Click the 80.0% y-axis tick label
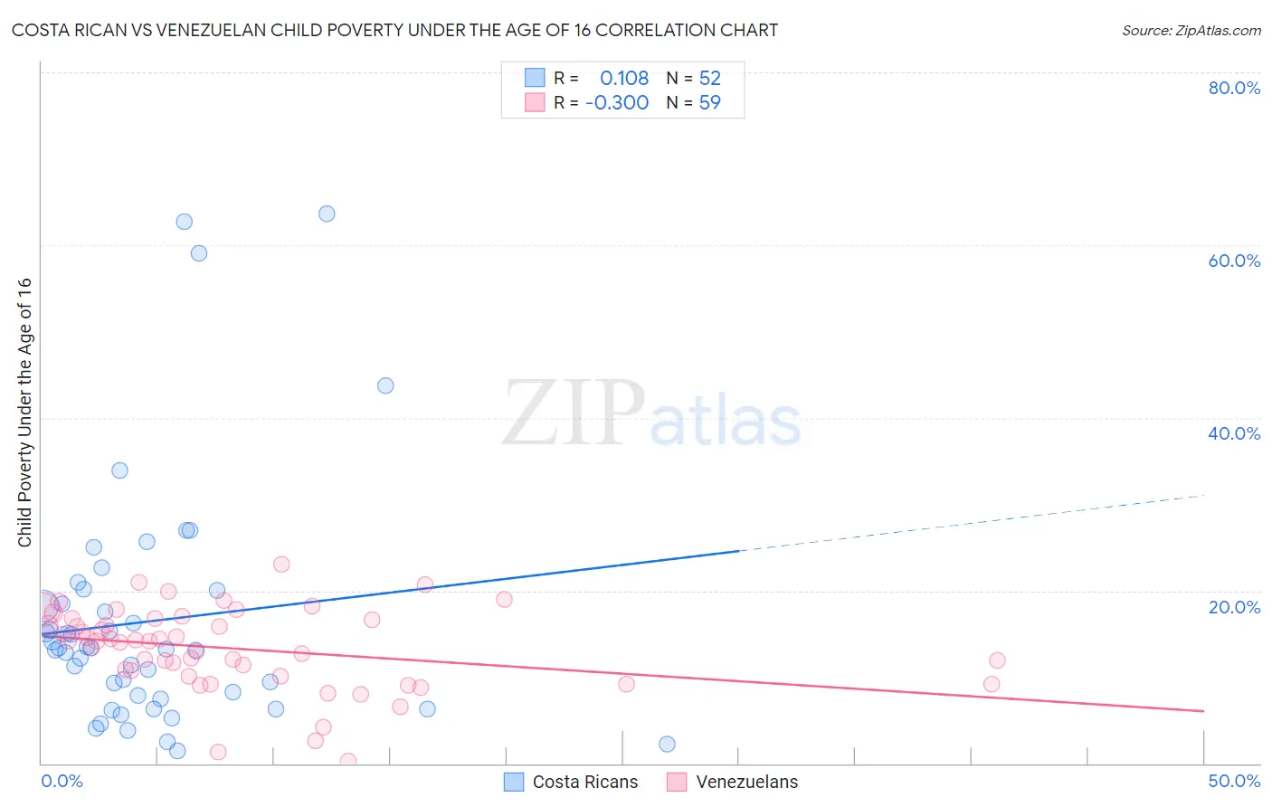coord(1234,88)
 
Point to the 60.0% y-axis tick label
coord(1234,261)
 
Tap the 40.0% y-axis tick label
coord(1234,433)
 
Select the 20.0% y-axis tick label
coord(1234,607)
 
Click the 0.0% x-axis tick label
coord(62,781)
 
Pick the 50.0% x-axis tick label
coord(1234,781)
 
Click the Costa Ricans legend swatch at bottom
coord(514,782)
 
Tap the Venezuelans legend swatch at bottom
coord(677,782)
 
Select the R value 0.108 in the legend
coord(624,79)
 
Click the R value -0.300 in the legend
coord(617,103)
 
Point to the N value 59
coord(709,103)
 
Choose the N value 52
coord(709,79)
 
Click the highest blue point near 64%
coord(327,214)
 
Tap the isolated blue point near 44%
coord(385,385)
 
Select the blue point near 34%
coord(119,470)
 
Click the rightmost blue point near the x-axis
coord(667,744)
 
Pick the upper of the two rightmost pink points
coord(997,660)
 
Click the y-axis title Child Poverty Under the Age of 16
coord(24,412)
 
